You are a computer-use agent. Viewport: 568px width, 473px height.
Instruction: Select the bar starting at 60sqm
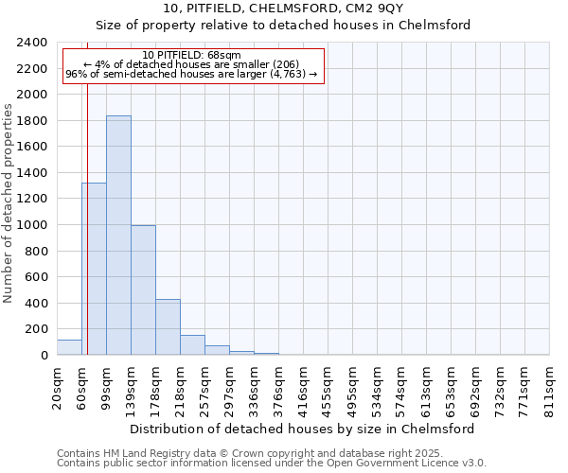coord(94,269)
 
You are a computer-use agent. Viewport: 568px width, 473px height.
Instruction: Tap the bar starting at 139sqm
coord(143,290)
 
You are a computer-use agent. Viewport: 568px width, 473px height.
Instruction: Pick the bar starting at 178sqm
coord(168,327)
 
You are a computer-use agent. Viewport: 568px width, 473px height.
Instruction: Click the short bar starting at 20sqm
coord(69,347)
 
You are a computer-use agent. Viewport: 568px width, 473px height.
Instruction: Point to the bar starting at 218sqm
coord(192,345)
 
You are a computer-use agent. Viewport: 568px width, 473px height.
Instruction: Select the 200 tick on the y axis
coord(36,330)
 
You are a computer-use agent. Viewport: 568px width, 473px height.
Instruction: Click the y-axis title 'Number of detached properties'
coord(9,199)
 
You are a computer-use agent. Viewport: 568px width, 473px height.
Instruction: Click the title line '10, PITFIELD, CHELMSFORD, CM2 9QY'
coord(283,9)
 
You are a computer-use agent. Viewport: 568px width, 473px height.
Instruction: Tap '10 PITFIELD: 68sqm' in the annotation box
coord(192,56)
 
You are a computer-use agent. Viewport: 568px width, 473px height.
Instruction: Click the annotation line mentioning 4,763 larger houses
coord(191,75)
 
